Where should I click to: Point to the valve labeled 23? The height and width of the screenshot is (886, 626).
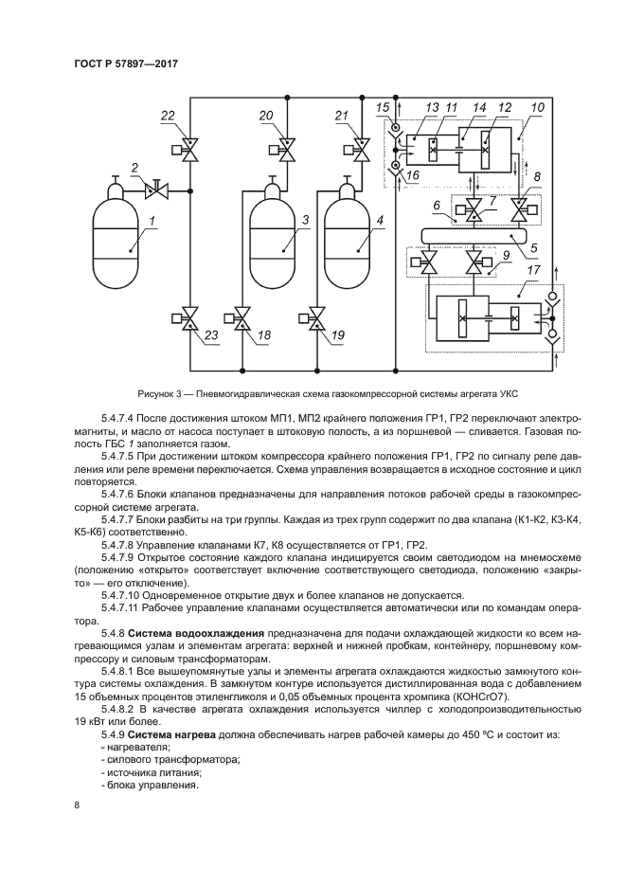click(188, 318)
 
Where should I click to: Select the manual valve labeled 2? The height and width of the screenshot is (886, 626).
click(155, 191)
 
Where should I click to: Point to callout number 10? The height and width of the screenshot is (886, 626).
click(537, 109)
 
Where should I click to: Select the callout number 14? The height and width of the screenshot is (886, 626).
click(480, 109)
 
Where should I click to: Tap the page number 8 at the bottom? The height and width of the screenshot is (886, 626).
click(77, 805)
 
